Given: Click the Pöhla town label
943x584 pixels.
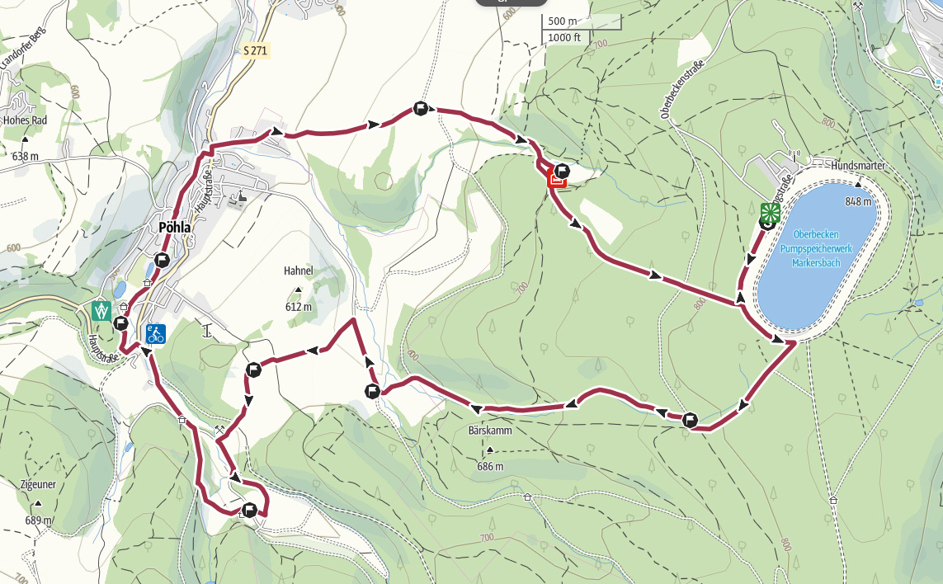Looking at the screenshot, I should (175, 228).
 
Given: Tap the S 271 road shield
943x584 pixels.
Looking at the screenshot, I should (256, 51).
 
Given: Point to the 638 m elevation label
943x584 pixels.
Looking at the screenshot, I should (27, 156).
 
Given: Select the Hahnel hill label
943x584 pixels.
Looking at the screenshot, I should (298, 270).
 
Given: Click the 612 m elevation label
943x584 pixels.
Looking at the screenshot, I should (298, 307).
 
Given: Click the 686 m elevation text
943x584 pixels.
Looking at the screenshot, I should (490, 467).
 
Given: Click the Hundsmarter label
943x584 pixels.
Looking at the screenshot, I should (858, 166).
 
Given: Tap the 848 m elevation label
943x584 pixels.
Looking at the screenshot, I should (859, 201).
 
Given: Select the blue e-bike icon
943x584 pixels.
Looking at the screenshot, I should (156, 334).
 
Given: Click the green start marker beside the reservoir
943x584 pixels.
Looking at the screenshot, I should (770, 211).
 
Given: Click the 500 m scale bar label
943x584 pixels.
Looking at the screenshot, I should (562, 21).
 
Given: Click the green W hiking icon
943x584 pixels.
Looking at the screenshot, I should (101, 310).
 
